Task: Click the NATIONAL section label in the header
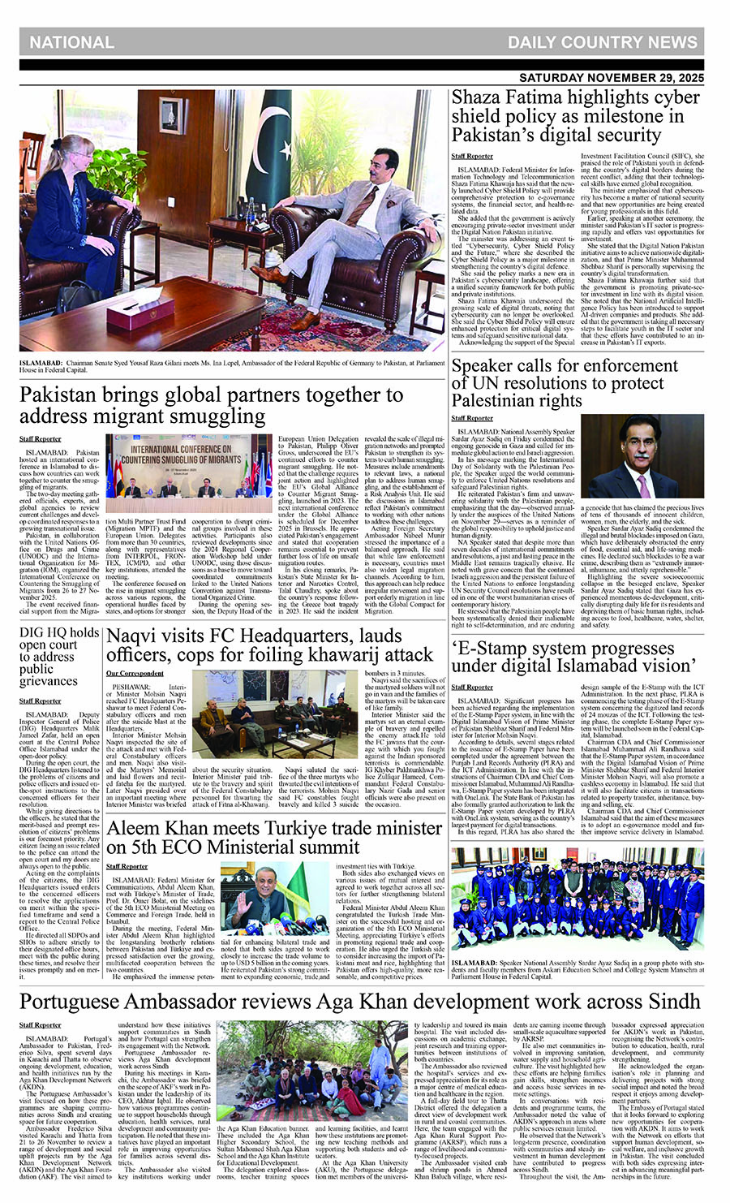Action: click(x=72, y=42)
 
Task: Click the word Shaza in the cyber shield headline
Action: click(x=479, y=98)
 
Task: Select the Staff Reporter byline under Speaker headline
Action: click(x=472, y=418)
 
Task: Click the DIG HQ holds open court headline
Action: click(x=60, y=656)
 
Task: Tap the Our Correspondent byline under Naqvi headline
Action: click(x=135, y=674)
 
